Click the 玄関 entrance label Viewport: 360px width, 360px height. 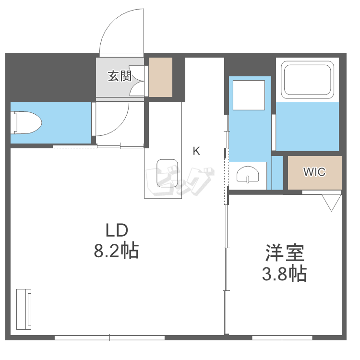tap(119, 76)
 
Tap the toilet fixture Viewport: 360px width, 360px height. tap(26, 122)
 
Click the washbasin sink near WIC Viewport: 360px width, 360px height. tap(248, 173)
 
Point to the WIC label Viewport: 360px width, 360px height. tap(314, 172)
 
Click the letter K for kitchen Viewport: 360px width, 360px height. tap(196, 151)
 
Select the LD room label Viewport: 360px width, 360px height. tap(117, 230)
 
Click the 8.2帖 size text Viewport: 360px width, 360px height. tap(116, 251)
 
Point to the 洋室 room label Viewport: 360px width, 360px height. tap(285, 253)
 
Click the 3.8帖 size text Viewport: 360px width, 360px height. tap(284, 274)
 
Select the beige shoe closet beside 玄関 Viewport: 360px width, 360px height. tap(160, 77)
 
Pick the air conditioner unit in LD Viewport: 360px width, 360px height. tap(24, 309)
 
